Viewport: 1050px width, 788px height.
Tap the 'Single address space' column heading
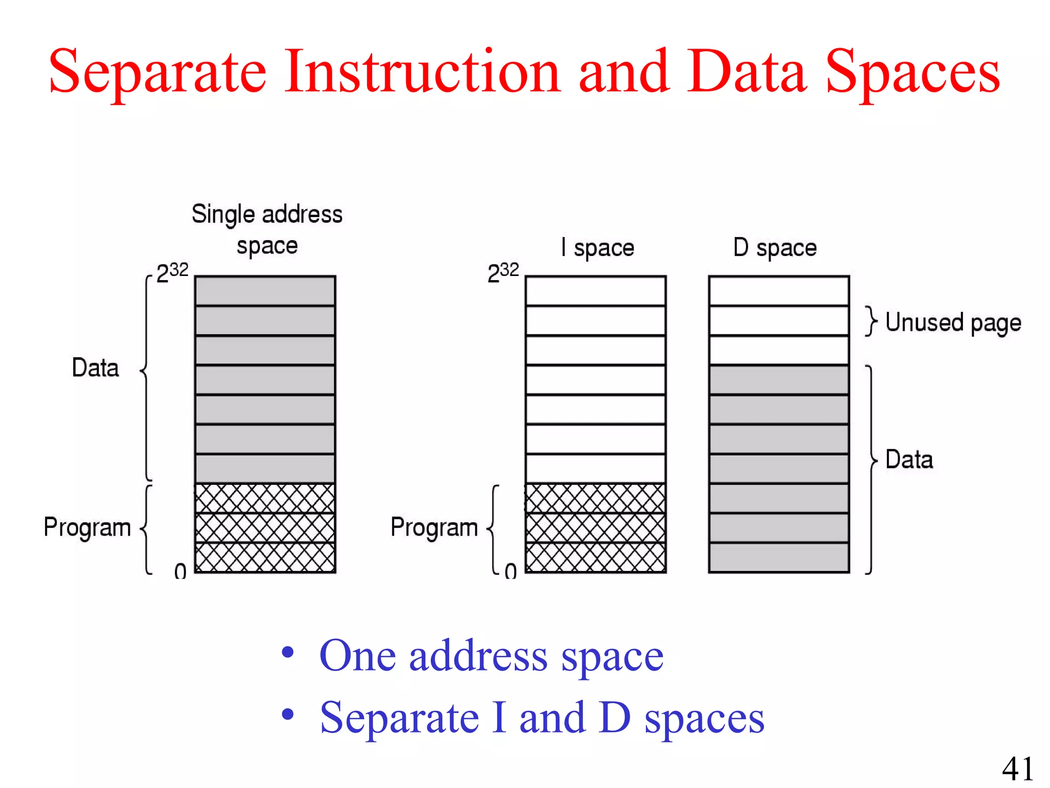click(x=267, y=229)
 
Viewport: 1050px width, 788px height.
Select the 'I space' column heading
click(x=597, y=248)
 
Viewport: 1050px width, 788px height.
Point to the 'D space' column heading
click(x=775, y=248)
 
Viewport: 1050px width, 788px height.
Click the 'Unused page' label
click(x=953, y=323)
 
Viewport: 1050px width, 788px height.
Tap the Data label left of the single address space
click(x=95, y=368)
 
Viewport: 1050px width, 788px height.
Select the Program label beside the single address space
click(x=87, y=527)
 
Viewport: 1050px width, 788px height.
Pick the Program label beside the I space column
click(x=434, y=527)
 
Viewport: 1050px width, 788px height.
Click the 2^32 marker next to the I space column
click(x=503, y=272)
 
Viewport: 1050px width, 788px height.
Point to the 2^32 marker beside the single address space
click(x=172, y=272)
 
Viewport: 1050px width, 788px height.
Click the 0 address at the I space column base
click(x=510, y=571)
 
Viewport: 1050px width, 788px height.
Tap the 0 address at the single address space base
click(x=180, y=571)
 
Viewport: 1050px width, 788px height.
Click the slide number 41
click(x=1018, y=769)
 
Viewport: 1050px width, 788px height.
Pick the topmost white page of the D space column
click(x=779, y=291)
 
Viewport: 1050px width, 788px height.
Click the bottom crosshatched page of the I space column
click(x=596, y=557)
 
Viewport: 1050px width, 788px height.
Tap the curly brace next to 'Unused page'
click(x=871, y=321)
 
